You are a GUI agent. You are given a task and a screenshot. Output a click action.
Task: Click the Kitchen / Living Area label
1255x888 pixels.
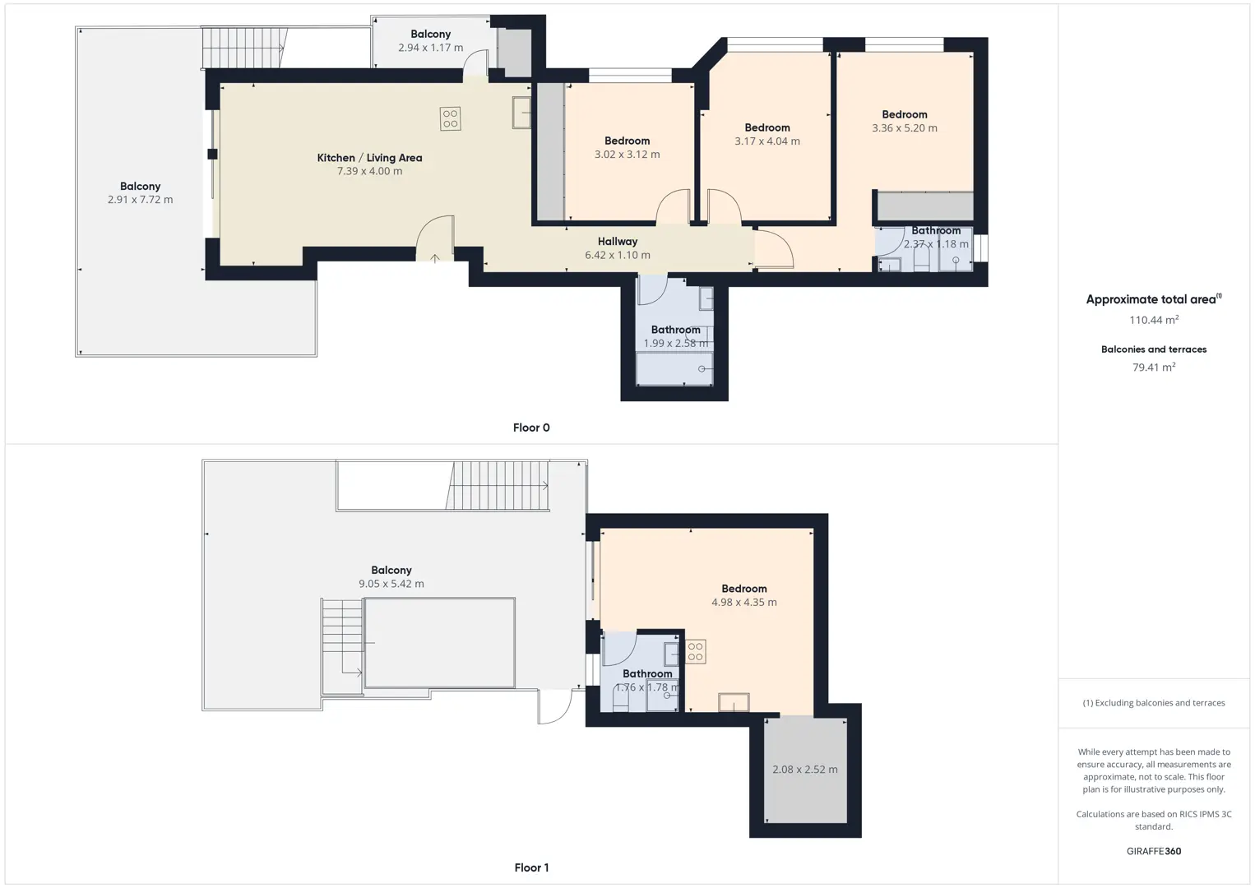[369, 158]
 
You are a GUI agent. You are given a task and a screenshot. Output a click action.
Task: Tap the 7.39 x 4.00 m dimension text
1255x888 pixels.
[369, 172]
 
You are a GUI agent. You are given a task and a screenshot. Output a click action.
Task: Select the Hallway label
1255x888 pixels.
[618, 242]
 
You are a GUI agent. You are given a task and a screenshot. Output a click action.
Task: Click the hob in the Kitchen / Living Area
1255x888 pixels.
[451, 118]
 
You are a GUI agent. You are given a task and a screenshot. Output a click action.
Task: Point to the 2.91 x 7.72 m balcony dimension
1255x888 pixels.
[140, 200]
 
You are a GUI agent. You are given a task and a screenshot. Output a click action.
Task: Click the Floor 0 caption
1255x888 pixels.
[531, 428]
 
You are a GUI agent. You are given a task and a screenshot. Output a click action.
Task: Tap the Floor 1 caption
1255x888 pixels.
[531, 867]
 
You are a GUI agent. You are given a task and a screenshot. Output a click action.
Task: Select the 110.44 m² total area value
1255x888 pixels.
[1154, 320]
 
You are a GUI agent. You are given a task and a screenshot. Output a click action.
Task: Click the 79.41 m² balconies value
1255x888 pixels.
[1154, 367]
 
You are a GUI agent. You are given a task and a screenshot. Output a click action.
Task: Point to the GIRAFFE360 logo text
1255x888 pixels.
[1154, 851]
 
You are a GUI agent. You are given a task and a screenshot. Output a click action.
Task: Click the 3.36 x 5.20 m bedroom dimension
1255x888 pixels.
[905, 127]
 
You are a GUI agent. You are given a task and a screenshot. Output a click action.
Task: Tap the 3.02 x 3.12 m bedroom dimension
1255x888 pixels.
[627, 154]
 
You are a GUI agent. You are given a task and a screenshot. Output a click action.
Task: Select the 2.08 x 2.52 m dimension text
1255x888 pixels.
[804, 770]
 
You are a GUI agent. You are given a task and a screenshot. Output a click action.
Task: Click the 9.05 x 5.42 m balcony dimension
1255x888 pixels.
[391, 584]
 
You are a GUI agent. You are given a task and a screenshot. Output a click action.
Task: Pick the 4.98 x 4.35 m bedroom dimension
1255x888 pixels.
[744, 602]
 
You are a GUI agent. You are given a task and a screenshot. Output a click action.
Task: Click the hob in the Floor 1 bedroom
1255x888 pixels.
[695, 651]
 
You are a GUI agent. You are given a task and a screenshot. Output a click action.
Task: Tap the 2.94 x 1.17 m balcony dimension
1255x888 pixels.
[430, 48]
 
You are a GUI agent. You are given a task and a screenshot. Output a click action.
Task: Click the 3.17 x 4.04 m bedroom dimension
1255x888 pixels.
[767, 141]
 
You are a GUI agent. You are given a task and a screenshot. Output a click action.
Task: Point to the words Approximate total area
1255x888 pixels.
[1151, 300]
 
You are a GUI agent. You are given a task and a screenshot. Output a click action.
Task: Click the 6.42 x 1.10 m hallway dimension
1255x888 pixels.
[618, 256]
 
